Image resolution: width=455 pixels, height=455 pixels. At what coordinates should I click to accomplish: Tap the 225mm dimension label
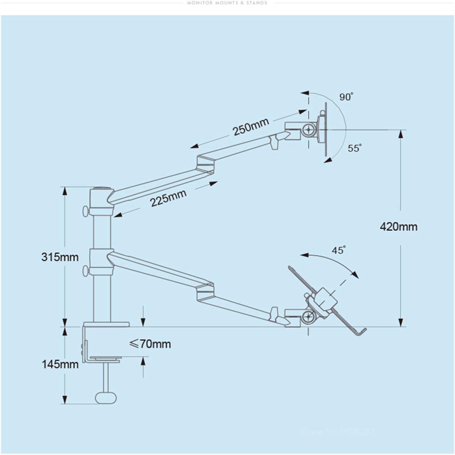tap(168, 198)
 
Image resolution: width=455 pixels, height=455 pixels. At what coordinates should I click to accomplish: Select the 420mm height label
tap(398, 227)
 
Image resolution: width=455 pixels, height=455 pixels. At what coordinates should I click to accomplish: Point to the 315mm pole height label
tap(60, 257)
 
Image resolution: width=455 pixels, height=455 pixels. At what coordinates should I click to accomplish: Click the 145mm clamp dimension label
tap(60, 364)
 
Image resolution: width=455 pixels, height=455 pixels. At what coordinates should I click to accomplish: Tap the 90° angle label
tap(346, 97)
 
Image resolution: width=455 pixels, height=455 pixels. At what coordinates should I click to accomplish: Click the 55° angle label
tap(354, 148)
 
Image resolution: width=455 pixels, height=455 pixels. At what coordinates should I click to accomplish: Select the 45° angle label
tap(338, 250)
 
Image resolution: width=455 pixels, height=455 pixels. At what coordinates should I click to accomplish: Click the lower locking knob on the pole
tap(85, 271)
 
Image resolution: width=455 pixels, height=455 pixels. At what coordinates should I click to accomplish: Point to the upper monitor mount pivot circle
tap(308, 130)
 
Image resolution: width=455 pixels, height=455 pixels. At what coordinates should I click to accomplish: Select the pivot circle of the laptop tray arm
tap(308, 316)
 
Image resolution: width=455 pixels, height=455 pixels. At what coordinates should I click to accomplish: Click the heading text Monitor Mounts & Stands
tap(227, 3)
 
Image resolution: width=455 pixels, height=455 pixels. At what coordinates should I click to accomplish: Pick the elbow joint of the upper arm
tap(205, 164)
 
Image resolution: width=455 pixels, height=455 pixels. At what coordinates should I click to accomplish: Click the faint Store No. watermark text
tap(337, 431)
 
